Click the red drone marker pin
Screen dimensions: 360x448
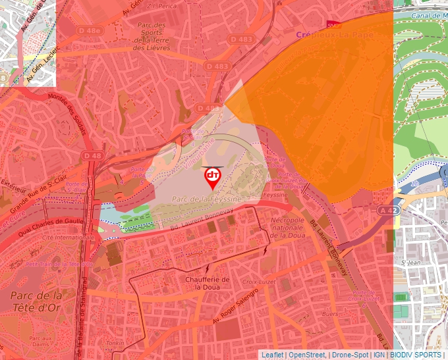[x=212, y=177]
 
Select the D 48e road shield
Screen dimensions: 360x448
[x=89, y=30]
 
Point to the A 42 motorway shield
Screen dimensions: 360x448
[x=388, y=210]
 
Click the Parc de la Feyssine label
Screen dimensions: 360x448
[x=206, y=199]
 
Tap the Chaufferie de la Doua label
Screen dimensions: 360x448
[x=208, y=283]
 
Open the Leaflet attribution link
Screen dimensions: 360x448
[x=272, y=355]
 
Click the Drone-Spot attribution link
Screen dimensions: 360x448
[x=349, y=355]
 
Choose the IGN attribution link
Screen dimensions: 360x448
[x=379, y=355]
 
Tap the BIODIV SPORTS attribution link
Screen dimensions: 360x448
[x=415, y=355]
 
